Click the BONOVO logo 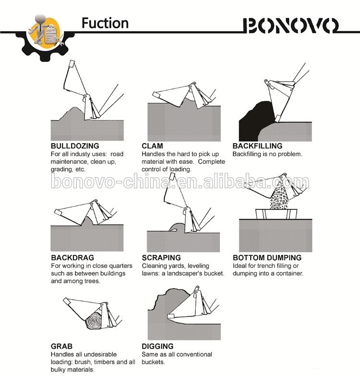[291, 25]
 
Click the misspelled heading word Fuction [105, 23]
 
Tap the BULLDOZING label [75, 146]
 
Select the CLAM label [152, 146]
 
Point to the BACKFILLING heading [257, 146]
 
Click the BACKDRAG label [72, 257]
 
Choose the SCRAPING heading [161, 257]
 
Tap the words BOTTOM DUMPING [267, 257]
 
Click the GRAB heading [61, 346]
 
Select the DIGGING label [157, 346]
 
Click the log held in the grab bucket [94, 321]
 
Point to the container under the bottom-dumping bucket [276, 214]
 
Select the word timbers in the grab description [104, 362]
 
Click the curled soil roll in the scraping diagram [177, 228]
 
